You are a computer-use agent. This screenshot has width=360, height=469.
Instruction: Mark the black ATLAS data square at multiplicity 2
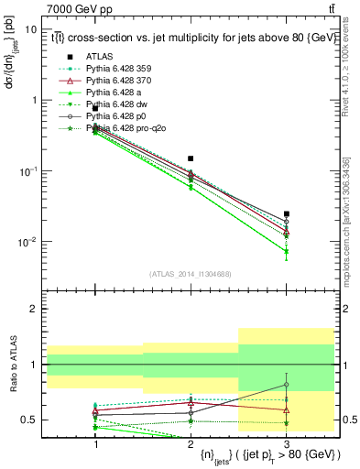191,158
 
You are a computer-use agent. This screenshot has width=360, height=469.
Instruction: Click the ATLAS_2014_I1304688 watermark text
191,273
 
